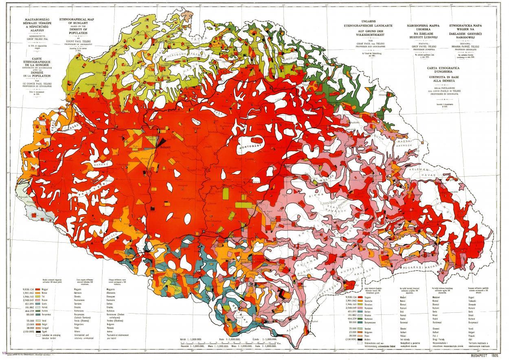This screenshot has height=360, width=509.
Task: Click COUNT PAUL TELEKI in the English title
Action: coord(76,45)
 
